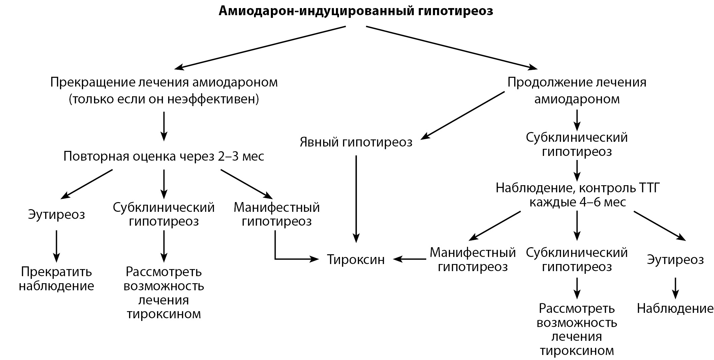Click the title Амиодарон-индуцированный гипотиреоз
(356, 11)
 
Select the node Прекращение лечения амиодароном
(164, 83)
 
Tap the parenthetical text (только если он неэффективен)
(164, 99)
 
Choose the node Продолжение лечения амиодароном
(577, 91)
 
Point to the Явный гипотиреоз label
(356, 142)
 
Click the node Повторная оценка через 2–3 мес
(164, 157)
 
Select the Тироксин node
(356, 260)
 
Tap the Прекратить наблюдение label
(56, 279)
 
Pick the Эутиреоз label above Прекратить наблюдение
(56, 215)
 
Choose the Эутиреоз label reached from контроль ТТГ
(675, 260)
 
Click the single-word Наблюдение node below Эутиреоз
(675, 308)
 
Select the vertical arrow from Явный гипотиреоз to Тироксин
(356, 199)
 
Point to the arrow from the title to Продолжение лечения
(452, 48)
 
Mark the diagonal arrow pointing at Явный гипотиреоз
(463, 115)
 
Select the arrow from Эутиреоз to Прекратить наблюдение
(56, 246)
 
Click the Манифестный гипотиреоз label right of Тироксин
(472, 260)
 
